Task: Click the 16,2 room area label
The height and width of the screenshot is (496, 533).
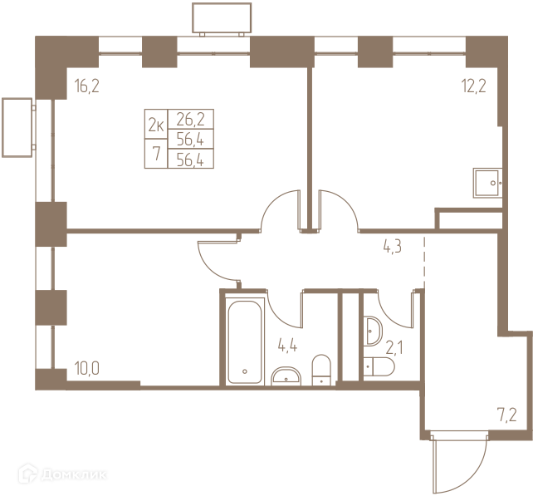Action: pos(87,86)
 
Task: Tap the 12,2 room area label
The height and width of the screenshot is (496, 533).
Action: pos(473,86)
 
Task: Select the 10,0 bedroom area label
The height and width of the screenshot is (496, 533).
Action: pos(87,368)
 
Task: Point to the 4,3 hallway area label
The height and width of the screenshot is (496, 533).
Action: pos(392,246)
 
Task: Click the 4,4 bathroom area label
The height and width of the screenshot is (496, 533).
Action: pos(287,346)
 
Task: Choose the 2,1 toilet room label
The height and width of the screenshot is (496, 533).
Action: pos(394,348)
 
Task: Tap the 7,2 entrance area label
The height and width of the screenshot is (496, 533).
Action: pos(506,415)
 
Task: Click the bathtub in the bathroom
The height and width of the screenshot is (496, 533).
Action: pos(245,341)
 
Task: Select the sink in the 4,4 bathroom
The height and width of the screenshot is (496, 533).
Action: pos(286,376)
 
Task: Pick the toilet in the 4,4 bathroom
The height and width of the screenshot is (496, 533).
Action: pos(321,370)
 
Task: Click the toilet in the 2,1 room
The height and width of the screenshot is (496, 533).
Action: pos(379,366)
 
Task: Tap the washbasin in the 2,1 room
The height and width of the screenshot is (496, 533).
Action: pos(373,331)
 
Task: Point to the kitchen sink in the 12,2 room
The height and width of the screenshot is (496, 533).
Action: pos(487,183)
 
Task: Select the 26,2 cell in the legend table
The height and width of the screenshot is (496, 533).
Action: pos(191,119)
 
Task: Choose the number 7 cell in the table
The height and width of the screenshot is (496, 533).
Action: pos(156,154)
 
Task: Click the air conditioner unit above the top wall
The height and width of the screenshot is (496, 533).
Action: pos(222,19)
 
